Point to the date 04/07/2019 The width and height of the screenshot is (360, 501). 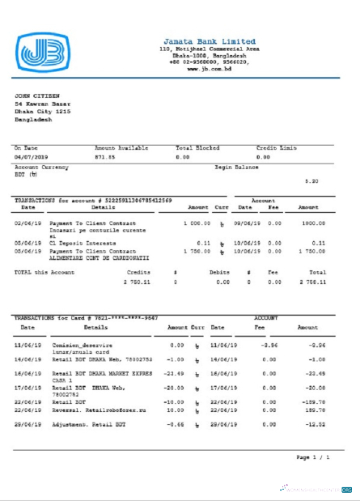coord(31,156)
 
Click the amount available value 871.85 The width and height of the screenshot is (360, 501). coord(106,156)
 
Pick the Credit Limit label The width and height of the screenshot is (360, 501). coord(276,148)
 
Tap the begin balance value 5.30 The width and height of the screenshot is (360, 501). coord(311,181)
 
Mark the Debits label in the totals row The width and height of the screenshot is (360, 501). coord(220,273)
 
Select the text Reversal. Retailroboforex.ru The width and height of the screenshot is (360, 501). coord(92,410)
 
